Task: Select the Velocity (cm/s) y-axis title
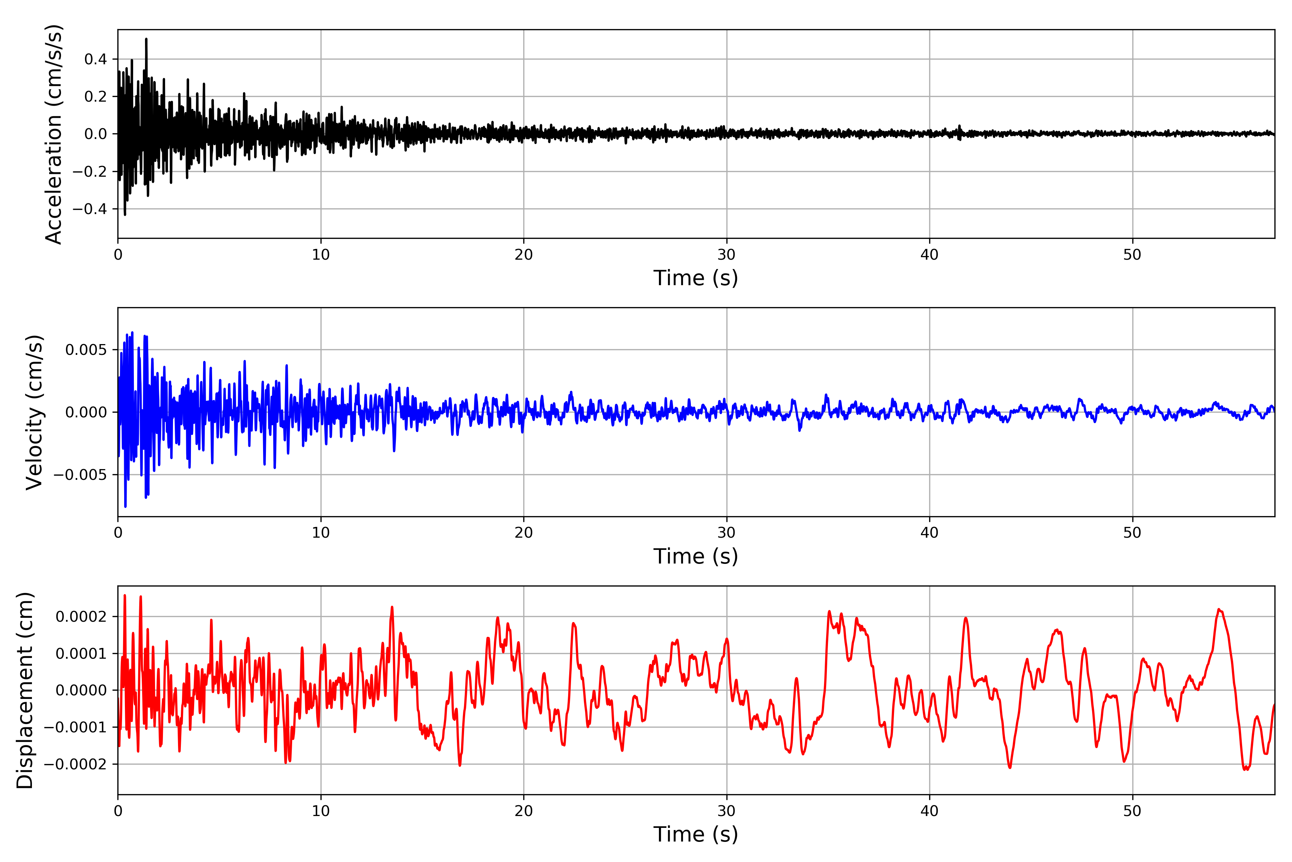34,412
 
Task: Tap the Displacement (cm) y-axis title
25,690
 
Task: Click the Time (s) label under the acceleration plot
696,278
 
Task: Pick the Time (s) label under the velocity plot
696,556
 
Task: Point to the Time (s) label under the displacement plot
696,834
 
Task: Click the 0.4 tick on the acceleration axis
95,59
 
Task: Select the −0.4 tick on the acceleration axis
89,209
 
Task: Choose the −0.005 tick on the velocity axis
80,474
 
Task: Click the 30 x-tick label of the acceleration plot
726,255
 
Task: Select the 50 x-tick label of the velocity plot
1132,533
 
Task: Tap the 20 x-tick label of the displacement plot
524,811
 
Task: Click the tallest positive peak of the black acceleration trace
146,39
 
